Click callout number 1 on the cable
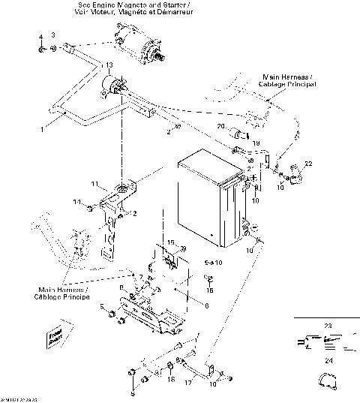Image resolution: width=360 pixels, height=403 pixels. (42, 130)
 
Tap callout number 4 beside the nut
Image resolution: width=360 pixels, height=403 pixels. (40, 38)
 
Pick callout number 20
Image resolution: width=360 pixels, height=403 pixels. (221, 125)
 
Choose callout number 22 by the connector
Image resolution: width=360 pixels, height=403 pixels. (308, 164)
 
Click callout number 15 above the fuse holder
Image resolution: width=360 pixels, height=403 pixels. (170, 243)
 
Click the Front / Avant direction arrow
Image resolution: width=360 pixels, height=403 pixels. (55, 335)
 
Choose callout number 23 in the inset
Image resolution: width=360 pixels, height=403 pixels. (326, 325)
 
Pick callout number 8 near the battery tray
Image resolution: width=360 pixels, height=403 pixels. (121, 288)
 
